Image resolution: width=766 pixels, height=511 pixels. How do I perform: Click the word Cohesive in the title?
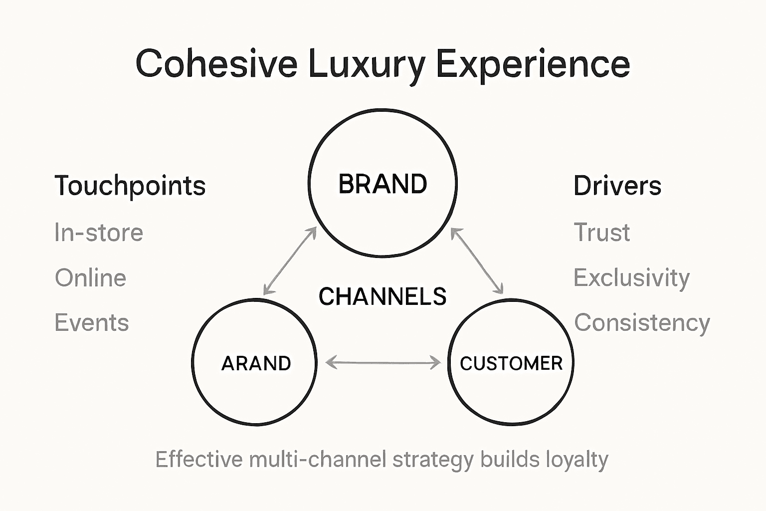(x=216, y=64)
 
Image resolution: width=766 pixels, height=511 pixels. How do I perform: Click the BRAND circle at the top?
(x=383, y=184)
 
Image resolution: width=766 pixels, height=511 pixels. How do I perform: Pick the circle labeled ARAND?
(x=255, y=363)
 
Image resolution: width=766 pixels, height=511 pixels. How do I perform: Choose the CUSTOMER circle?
(x=511, y=363)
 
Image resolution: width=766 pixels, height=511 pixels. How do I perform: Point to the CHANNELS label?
(x=383, y=296)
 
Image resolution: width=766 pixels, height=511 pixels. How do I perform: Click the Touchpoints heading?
(x=130, y=186)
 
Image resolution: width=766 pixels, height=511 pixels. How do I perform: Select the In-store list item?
(x=99, y=233)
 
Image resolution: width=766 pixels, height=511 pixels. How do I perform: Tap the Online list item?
(x=90, y=278)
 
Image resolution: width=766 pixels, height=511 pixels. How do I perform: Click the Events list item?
(x=92, y=323)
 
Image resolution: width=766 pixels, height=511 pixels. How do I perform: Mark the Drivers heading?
(x=617, y=186)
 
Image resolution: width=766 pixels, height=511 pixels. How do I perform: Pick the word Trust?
(x=601, y=233)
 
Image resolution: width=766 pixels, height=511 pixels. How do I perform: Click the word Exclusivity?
(x=631, y=278)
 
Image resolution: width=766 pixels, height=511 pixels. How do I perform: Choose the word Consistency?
(x=642, y=323)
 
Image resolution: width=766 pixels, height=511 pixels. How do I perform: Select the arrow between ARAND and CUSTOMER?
(x=383, y=362)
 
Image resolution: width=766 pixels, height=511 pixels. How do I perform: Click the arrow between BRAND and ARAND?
(x=290, y=260)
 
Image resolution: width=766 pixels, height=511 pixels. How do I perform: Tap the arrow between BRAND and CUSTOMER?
(x=477, y=260)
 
